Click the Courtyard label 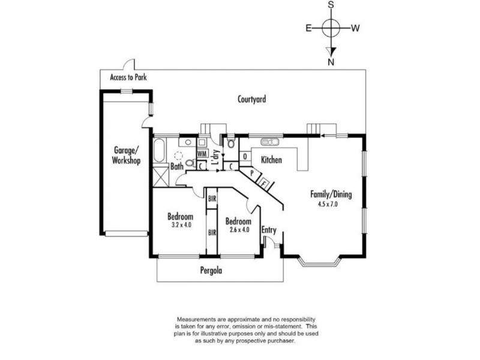251,99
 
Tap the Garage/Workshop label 126,155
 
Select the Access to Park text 128,77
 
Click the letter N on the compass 331,62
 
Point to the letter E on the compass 308,28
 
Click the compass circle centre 331,28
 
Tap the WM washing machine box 202,154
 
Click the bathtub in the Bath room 159,151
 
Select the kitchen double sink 269,142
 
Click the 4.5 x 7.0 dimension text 328,204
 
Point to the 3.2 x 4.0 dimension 181,224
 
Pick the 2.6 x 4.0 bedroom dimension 239,229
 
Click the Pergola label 211,271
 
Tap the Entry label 269,230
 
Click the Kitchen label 271,160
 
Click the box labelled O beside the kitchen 245,157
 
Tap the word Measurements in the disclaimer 194,319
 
